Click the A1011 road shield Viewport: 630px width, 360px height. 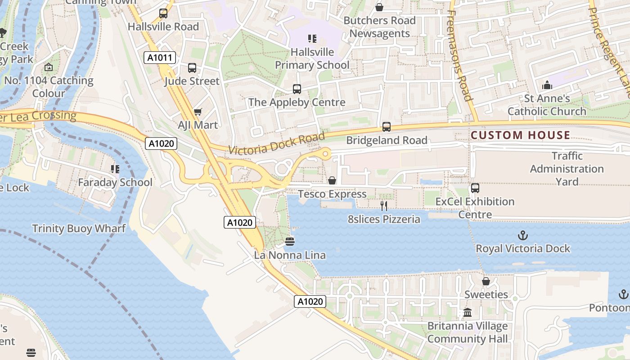tap(160, 58)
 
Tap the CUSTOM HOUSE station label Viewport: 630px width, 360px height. tap(520, 135)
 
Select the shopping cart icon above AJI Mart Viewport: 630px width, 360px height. tap(198, 112)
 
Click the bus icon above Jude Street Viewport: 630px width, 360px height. tap(192, 68)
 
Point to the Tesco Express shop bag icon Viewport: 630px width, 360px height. tap(332, 180)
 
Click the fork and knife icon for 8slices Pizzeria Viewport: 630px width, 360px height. tap(384, 206)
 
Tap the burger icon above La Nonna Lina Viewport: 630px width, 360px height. tap(290, 242)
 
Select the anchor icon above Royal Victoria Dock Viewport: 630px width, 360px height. tap(523, 235)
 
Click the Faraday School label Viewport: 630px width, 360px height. tap(115, 182)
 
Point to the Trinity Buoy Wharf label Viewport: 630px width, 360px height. tap(79, 229)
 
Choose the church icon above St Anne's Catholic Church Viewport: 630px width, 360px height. tap(547, 85)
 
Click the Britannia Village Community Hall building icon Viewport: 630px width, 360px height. tap(468, 312)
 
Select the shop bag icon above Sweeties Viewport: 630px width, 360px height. tap(486, 281)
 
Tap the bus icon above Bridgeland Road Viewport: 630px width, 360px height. tap(387, 127)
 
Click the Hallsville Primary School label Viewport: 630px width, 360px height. tap(312, 58)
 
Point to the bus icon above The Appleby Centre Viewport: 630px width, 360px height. tap(297, 89)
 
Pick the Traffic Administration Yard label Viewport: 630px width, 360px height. tap(567, 169)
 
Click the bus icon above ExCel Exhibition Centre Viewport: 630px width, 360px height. tap(475, 188)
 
